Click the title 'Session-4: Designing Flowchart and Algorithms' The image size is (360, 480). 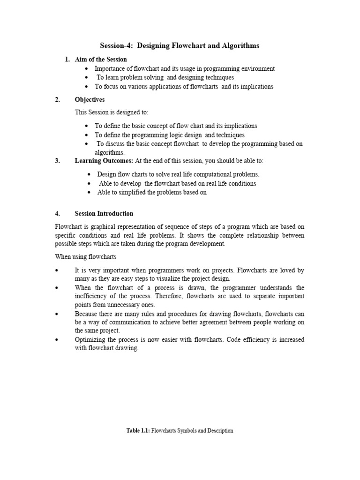tap(180, 45)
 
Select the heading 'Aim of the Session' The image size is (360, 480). tap(101, 59)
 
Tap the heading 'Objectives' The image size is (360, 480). tap(90, 99)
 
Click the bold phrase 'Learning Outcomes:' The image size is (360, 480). tap(104, 161)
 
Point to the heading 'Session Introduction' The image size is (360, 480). tap(104, 213)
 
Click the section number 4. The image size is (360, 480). tap(57, 213)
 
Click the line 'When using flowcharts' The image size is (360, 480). tap(86, 257)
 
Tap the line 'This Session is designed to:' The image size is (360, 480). tap(112, 112)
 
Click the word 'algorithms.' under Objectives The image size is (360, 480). tap(110, 152)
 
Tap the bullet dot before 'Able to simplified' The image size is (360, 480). tap(90, 193)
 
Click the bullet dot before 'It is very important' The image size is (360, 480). tap(57, 271)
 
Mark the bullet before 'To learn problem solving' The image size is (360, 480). tap(87, 78)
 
